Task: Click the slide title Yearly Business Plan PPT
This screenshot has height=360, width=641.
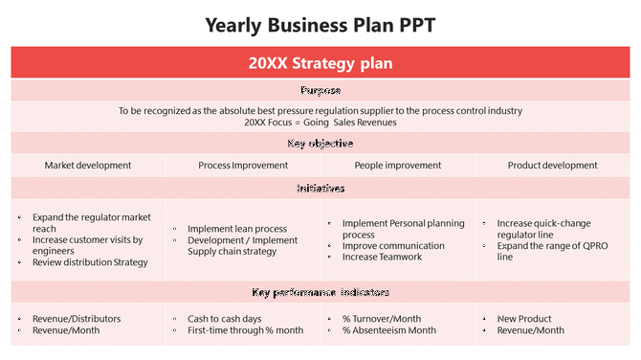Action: point(320,25)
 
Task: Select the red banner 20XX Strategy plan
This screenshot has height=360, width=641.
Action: point(320,64)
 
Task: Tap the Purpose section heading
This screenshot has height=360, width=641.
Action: point(320,91)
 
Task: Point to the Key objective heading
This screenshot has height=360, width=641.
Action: point(320,144)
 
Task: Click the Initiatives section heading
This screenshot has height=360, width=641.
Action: point(320,189)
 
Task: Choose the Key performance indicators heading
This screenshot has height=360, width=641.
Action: point(320,292)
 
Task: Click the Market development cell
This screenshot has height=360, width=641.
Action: point(88,166)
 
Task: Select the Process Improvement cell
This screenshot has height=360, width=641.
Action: point(243,166)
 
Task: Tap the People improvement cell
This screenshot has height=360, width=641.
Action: point(398,166)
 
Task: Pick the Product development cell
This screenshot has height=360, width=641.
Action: point(552,166)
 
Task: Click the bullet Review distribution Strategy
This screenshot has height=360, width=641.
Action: point(90,262)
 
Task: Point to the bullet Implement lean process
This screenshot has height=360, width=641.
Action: point(237,230)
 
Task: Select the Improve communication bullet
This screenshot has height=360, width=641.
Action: point(393,246)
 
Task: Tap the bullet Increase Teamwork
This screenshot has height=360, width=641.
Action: point(381,258)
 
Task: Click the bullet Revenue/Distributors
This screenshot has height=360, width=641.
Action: point(77,319)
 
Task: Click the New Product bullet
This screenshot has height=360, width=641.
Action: point(524,319)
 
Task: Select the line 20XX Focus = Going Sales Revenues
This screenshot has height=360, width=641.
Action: point(320,122)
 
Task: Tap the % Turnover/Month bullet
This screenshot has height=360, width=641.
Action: point(382,319)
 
